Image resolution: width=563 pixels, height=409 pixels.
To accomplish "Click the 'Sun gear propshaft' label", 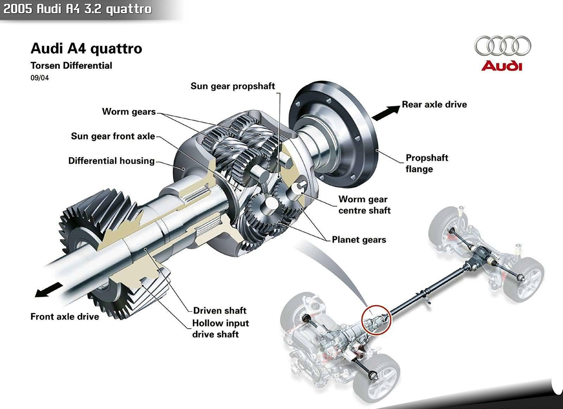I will (x=232, y=86).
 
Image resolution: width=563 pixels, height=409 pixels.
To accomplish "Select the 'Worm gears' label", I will (x=129, y=112).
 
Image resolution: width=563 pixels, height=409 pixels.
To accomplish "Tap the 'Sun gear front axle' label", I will (x=113, y=137).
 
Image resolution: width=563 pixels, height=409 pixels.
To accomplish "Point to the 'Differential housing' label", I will (x=112, y=161).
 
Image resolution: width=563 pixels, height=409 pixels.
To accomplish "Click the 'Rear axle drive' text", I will (x=434, y=104).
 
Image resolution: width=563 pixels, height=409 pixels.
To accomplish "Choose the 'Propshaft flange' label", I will (x=427, y=163).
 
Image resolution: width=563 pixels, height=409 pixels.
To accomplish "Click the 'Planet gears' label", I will (x=359, y=240).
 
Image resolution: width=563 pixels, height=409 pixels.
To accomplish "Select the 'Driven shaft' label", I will (x=219, y=311).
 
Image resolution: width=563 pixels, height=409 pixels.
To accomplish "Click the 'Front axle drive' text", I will (x=65, y=317).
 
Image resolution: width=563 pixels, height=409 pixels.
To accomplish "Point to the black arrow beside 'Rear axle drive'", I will (x=385, y=111).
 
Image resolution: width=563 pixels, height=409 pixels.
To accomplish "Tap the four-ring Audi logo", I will (x=502, y=46).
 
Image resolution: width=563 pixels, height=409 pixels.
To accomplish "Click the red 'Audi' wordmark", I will (x=501, y=66).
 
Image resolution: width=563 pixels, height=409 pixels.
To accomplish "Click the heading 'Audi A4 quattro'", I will (x=87, y=49).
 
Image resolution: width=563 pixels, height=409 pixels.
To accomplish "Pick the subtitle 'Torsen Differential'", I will (x=71, y=66).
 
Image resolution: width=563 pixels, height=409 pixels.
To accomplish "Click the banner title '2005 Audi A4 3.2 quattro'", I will (x=78, y=9).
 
